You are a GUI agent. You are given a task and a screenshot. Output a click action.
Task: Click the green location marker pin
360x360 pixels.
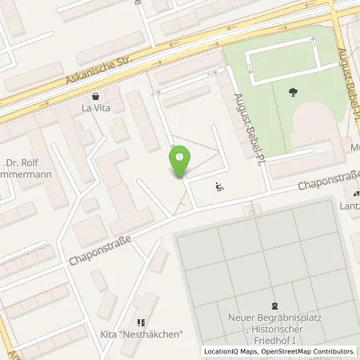tap(180, 163)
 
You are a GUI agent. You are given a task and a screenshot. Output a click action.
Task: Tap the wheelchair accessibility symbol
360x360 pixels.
tap(220, 188)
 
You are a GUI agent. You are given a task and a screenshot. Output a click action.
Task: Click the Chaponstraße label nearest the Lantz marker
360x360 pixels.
tap(327, 179)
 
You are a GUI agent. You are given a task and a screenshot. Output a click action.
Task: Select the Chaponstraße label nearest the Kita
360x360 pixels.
tap(98, 246)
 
